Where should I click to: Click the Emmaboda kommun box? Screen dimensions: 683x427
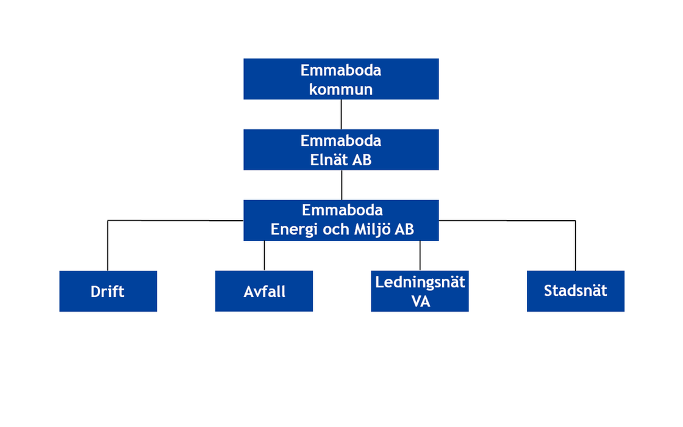pyautogui.click(x=341, y=79)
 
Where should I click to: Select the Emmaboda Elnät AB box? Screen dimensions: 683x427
pyautogui.click(x=341, y=149)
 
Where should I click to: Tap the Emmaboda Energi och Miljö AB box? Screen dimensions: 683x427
pyautogui.click(x=341, y=220)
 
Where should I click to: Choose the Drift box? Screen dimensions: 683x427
pyautogui.click(x=108, y=291)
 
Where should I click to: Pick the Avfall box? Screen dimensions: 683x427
pyautogui.click(x=264, y=291)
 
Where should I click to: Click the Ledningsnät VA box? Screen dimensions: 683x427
pyautogui.click(x=420, y=291)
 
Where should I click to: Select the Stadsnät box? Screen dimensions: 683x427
pyautogui.click(x=576, y=291)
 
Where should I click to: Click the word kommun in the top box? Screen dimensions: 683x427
pyautogui.click(x=341, y=89)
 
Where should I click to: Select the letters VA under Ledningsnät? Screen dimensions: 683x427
pyautogui.click(x=420, y=301)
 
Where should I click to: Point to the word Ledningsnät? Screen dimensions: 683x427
pyautogui.click(x=420, y=282)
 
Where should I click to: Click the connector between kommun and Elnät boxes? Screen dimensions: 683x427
pyautogui.click(x=341, y=114)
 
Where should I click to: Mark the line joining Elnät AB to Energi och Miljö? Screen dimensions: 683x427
pyautogui.click(x=342, y=185)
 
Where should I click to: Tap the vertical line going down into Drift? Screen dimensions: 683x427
pyautogui.click(x=107, y=246)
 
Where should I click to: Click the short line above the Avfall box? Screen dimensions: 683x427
pyautogui.click(x=265, y=256)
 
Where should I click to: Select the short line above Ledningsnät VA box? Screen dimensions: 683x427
pyautogui.click(x=420, y=256)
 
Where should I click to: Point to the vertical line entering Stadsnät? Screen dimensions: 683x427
pyautogui.click(x=576, y=246)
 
